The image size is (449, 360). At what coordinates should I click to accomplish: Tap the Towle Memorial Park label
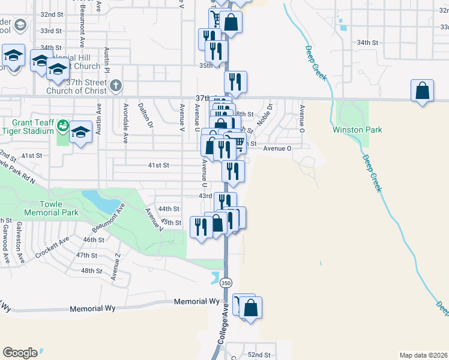(x=51, y=208)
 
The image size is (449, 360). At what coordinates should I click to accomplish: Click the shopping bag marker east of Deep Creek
(x=423, y=92)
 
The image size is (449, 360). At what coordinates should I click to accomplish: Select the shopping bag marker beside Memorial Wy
(x=251, y=309)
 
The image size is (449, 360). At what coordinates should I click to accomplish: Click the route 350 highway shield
(x=226, y=282)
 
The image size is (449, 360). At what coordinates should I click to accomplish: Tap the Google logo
(x=20, y=353)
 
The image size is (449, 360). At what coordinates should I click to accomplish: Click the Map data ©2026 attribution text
(x=423, y=355)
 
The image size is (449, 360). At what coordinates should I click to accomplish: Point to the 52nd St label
(x=259, y=355)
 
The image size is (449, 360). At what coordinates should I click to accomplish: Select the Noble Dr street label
(x=264, y=114)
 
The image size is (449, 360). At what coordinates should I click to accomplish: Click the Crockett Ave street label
(x=52, y=248)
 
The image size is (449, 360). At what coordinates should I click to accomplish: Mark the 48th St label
(x=92, y=271)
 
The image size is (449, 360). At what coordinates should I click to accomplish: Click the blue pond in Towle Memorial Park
(x=99, y=200)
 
